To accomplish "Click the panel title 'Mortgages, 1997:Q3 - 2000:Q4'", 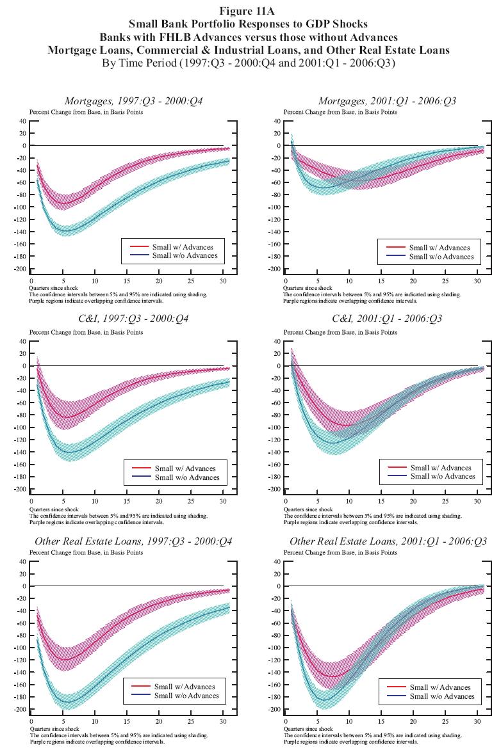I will pos(133,101).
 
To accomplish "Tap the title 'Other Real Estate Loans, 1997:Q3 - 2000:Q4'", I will pos(133,541).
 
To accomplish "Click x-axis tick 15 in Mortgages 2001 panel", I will pos(381,281).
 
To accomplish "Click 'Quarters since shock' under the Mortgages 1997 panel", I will pos(54,288).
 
